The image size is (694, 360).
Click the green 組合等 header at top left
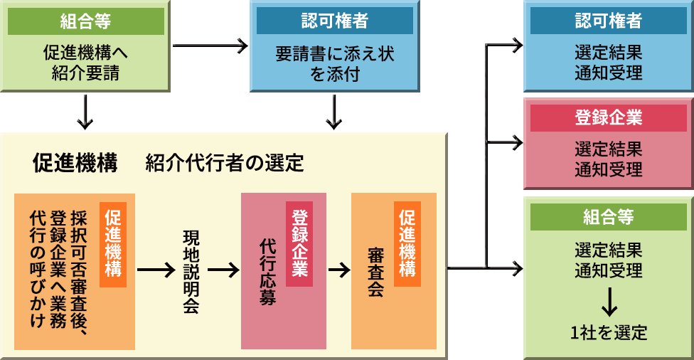(86, 21)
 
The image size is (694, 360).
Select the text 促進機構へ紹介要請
(86, 63)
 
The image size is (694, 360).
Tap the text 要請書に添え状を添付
(335, 63)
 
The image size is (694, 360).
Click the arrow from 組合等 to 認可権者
(210, 45)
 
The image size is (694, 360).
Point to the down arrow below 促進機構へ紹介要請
(85, 112)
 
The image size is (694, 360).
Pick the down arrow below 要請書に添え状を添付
(334, 112)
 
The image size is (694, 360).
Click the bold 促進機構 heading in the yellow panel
(75, 162)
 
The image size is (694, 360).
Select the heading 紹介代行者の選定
(225, 163)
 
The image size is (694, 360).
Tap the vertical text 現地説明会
(191, 272)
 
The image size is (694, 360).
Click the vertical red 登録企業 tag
(299, 244)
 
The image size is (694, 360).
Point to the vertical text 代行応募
(268, 272)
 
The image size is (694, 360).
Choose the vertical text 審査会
(375, 272)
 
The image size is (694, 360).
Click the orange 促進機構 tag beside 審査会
(407, 244)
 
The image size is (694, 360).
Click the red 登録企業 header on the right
(609, 118)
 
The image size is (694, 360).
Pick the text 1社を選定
(609, 332)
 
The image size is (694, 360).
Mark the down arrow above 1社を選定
(609, 302)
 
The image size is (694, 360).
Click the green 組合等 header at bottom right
(609, 217)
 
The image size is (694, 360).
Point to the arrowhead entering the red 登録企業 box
(518, 142)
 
